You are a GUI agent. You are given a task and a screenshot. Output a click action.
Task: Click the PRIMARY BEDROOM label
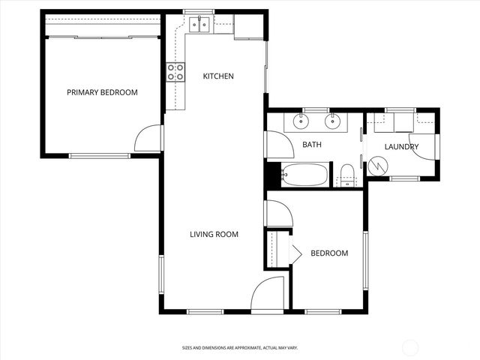102,92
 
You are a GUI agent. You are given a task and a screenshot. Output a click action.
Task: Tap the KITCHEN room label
218,76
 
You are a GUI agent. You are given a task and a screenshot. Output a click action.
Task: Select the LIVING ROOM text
214,235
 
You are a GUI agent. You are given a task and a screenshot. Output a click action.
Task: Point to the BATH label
312,145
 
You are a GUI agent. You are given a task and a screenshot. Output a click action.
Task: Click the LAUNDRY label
401,147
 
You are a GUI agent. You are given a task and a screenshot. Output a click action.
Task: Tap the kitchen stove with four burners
175,72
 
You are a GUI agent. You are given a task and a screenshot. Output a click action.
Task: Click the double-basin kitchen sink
199,25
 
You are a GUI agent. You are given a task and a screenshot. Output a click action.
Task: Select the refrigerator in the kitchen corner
247,27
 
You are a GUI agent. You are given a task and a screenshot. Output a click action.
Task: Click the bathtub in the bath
304,175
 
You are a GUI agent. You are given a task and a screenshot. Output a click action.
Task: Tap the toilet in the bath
346,175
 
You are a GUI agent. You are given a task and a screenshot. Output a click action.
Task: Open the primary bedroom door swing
149,139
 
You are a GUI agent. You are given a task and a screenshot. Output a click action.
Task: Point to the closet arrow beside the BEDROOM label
295,253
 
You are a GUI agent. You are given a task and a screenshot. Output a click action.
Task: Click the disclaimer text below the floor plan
240,348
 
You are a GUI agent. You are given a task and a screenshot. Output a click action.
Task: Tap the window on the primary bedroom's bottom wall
100,156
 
